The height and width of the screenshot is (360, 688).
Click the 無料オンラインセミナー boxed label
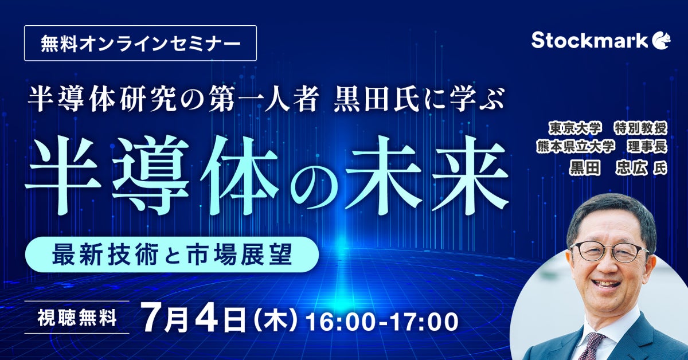[140, 43]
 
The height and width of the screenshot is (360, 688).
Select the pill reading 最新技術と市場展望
[171, 255]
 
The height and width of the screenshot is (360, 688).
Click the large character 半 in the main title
[63, 176]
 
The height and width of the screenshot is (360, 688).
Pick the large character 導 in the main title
[150, 176]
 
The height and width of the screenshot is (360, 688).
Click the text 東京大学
[574, 128]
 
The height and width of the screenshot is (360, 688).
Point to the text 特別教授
[641, 128]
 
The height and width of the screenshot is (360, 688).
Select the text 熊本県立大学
[576, 147]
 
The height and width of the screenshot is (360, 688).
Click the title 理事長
[647, 147]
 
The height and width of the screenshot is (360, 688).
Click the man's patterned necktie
[591, 346]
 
